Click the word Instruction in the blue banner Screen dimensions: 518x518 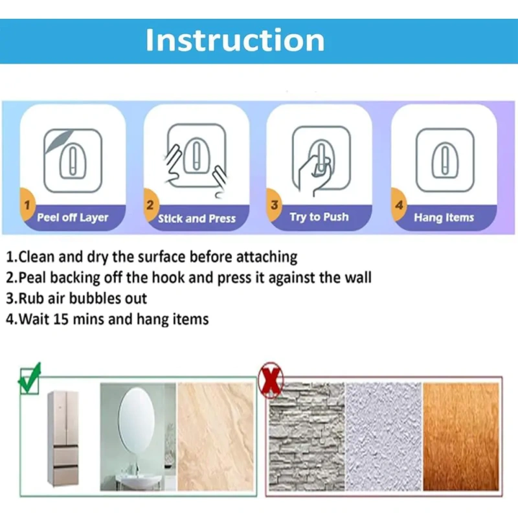[x=235, y=40]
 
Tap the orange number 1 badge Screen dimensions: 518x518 [x=27, y=205]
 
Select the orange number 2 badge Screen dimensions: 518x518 [x=150, y=205]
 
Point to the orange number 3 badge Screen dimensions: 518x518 [x=274, y=205]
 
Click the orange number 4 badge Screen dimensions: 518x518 [x=399, y=205]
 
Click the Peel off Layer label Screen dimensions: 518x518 [x=73, y=218]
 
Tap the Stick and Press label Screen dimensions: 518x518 [x=197, y=218]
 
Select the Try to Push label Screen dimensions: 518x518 [x=319, y=217]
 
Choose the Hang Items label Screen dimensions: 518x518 [x=444, y=218]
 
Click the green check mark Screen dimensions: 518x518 [x=29, y=379]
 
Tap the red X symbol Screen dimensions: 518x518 [x=271, y=380]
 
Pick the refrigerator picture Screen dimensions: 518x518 [x=63, y=438]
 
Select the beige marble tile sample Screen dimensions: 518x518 [x=216, y=436]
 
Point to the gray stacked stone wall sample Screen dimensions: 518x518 [x=306, y=436]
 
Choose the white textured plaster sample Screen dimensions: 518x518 [x=383, y=436]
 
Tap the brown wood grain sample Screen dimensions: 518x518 [x=461, y=436]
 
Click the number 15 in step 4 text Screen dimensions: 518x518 [x=60, y=319]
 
